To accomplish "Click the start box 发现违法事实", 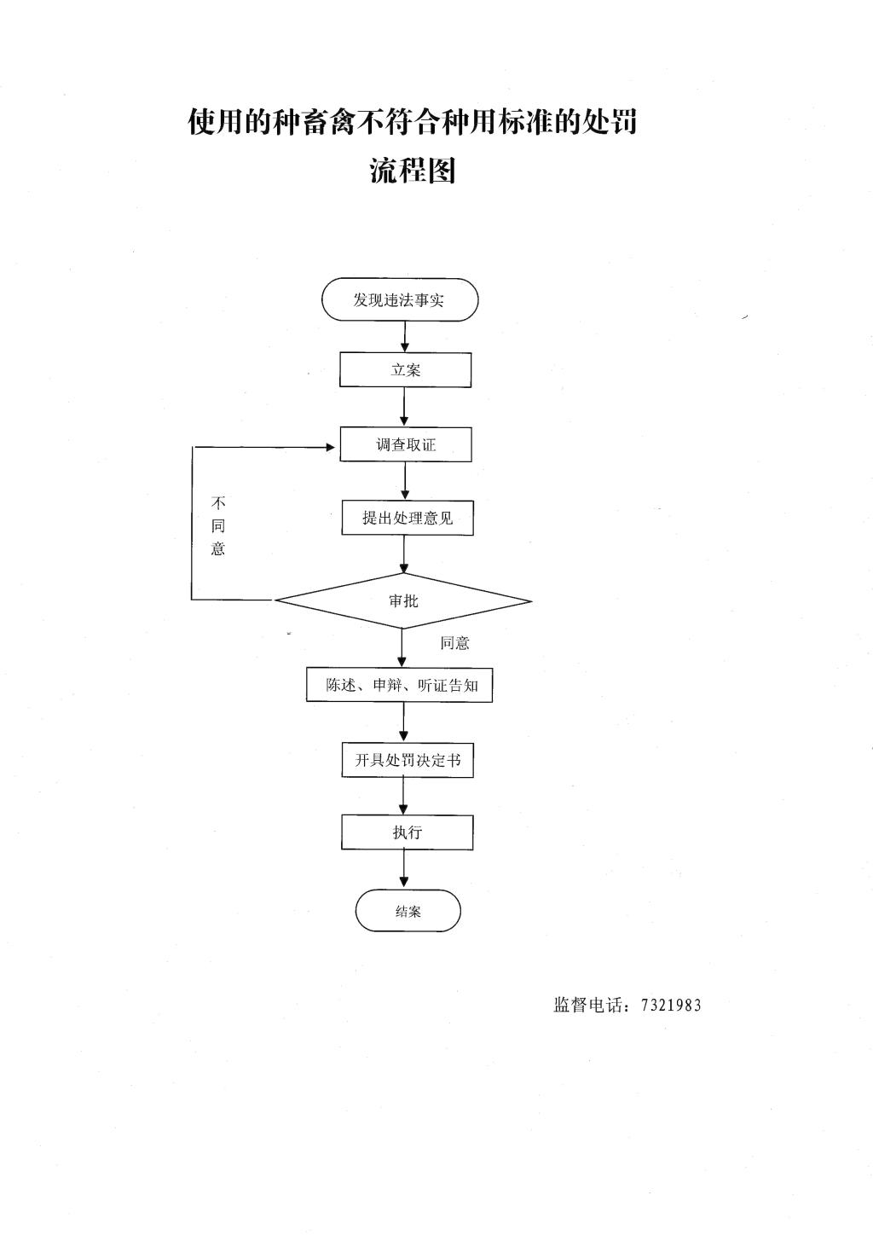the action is (x=400, y=299).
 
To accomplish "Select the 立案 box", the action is (x=405, y=370).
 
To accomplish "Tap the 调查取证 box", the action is (x=406, y=444).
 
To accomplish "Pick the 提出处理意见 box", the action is (x=408, y=518).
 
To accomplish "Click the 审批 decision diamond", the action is (x=403, y=601).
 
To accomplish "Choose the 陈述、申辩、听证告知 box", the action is (x=400, y=686).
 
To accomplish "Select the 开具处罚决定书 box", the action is (x=408, y=760).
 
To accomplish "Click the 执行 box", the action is (x=408, y=832).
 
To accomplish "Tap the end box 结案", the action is (x=408, y=911).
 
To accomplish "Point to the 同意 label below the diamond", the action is (x=454, y=643).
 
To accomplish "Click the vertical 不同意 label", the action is (x=218, y=526).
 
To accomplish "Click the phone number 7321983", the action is (x=671, y=1005).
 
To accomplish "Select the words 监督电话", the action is (x=588, y=1005).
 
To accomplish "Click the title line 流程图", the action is (x=413, y=170).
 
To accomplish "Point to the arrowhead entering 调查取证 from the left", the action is (x=331, y=447).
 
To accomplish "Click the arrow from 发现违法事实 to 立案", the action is (x=405, y=337).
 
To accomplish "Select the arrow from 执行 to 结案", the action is (x=404, y=869).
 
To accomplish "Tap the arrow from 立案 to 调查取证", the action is (x=405, y=407).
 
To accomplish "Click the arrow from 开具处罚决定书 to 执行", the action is (x=403, y=796).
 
